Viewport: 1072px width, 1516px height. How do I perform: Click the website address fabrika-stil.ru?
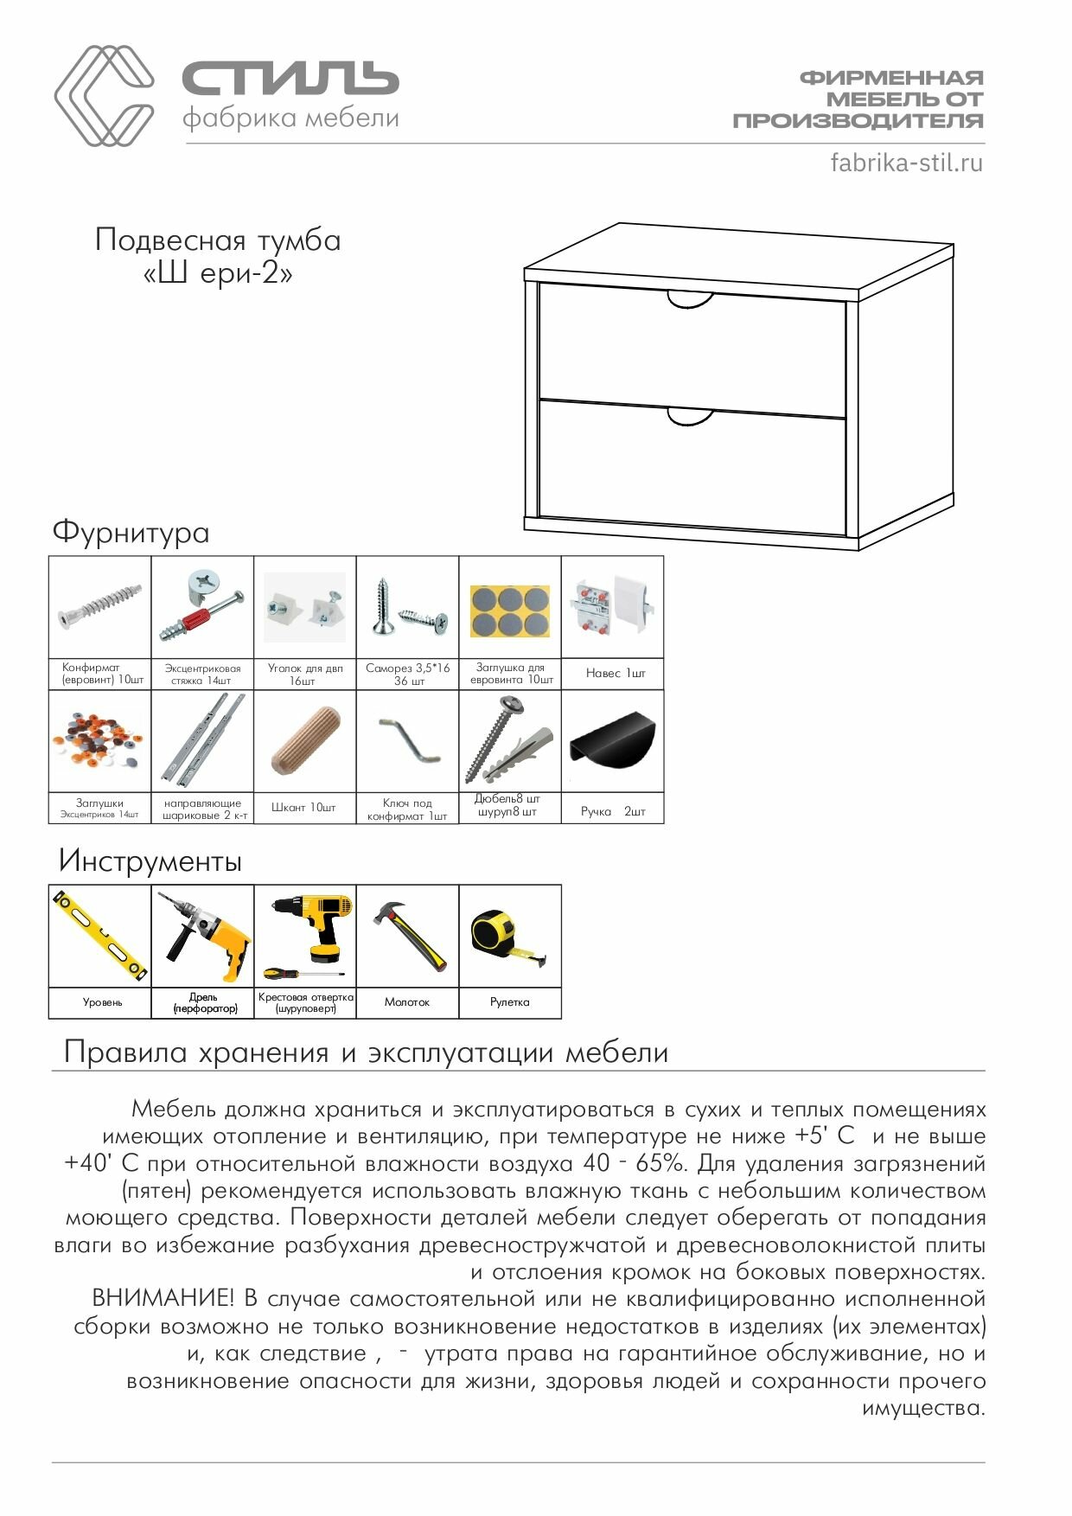tap(906, 163)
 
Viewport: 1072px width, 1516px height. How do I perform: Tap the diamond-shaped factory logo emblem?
tap(105, 95)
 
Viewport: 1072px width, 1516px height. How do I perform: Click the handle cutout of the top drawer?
tap(690, 300)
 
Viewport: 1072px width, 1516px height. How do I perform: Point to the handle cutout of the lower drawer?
tap(690, 418)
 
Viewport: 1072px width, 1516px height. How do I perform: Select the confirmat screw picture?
tap(99, 606)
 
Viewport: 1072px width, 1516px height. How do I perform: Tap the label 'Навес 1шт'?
tap(615, 674)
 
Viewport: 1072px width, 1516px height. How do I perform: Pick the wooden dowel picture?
tap(305, 740)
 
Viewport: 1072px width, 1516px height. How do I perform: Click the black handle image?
tap(612, 742)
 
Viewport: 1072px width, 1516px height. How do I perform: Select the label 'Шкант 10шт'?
tap(303, 808)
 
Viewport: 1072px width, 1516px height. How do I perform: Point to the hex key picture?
tap(407, 742)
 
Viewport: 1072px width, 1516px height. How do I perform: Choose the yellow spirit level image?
tap(99, 936)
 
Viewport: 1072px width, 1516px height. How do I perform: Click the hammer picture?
tap(410, 936)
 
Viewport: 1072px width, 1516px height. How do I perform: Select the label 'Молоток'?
tap(406, 1002)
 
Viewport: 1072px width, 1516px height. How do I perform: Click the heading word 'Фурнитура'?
tap(131, 532)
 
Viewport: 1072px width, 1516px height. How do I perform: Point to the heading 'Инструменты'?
tap(150, 860)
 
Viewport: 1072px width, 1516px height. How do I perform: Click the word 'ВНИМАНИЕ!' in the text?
tap(163, 1299)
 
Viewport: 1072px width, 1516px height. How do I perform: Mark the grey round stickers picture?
tap(510, 611)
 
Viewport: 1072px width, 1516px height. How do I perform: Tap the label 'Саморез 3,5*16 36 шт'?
tap(408, 675)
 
